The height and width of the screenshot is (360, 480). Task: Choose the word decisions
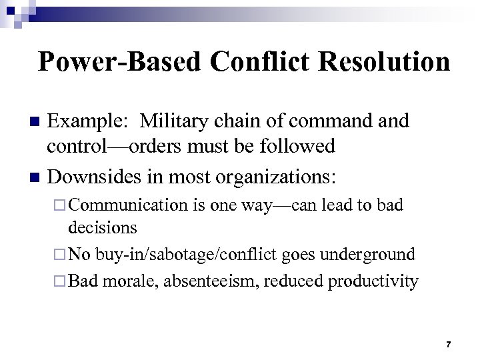point(103,227)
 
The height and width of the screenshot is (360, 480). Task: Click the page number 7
point(449,344)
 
